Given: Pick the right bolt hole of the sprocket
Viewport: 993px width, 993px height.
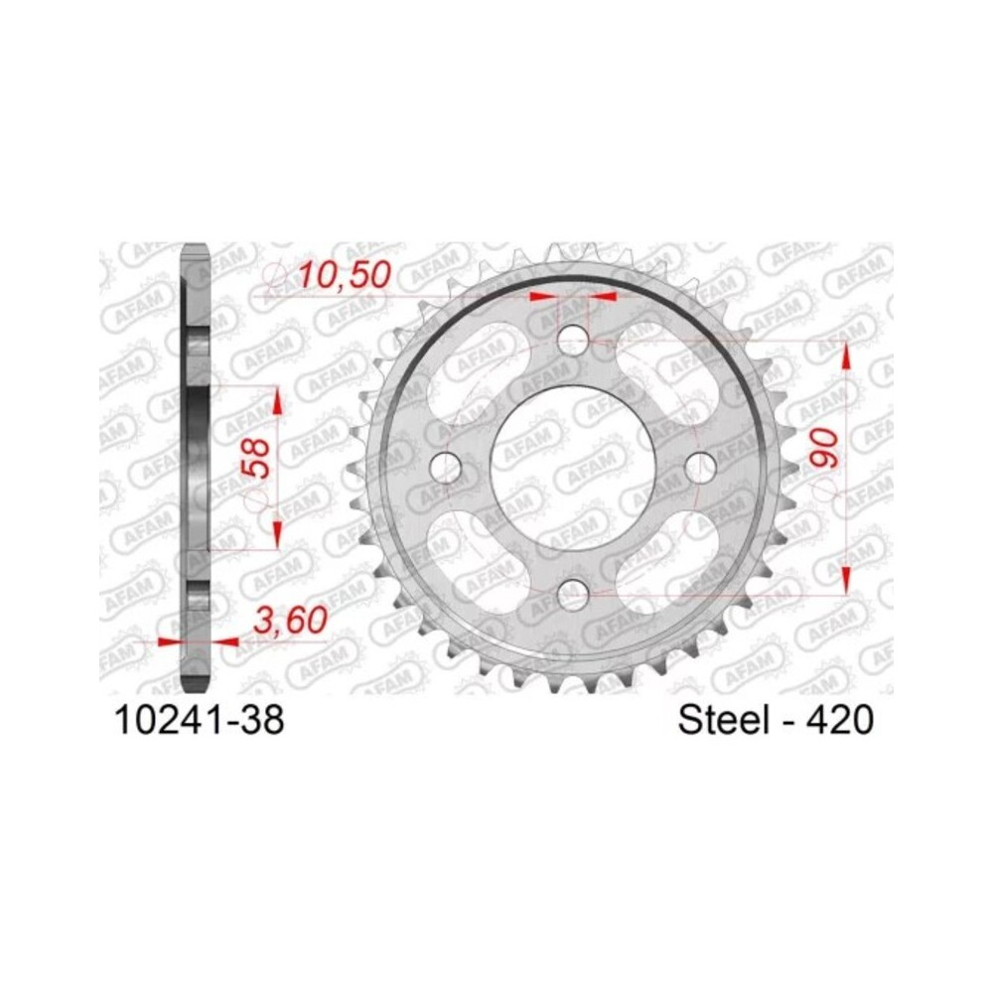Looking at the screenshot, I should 699,467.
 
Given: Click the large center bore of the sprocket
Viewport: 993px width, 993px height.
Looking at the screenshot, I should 572,467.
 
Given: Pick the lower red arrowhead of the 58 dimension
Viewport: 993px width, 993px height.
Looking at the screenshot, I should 277,531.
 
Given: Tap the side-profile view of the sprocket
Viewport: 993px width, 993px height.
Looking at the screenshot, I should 197,467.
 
